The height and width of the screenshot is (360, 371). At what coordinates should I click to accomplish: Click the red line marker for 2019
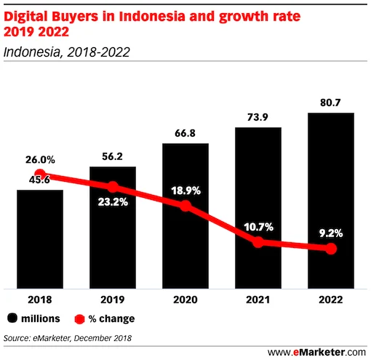[112, 187]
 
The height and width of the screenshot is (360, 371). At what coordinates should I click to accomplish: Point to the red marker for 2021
[258, 241]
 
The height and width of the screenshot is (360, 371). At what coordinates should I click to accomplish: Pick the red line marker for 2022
[331, 249]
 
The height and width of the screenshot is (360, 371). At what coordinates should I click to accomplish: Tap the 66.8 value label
[185, 133]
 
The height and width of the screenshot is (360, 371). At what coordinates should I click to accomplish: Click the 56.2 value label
[112, 156]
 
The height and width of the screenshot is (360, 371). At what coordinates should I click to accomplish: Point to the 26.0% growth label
[39, 159]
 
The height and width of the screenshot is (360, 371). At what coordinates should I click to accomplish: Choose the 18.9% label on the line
[185, 191]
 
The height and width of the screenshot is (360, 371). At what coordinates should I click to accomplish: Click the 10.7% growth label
[258, 227]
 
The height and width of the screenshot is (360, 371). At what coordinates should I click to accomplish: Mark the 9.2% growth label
[331, 234]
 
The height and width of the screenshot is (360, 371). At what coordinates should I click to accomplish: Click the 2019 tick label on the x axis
[112, 299]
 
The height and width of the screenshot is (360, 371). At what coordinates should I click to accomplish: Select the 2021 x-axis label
[258, 299]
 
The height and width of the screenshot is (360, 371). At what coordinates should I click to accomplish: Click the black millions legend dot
[13, 319]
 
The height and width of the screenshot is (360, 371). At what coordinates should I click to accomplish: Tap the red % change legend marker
[80, 319]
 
